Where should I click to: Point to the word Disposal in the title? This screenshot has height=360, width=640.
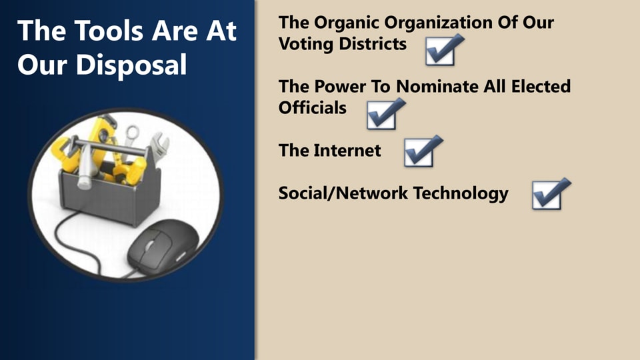(x=131, y=65)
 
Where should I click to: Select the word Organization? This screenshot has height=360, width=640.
(x=439, y=23)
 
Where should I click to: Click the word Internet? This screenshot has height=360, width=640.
(x=347, y=151)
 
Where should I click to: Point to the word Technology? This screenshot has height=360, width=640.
(x=461, y=194)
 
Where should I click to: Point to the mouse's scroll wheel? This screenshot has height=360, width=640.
(x=150, y=245)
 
